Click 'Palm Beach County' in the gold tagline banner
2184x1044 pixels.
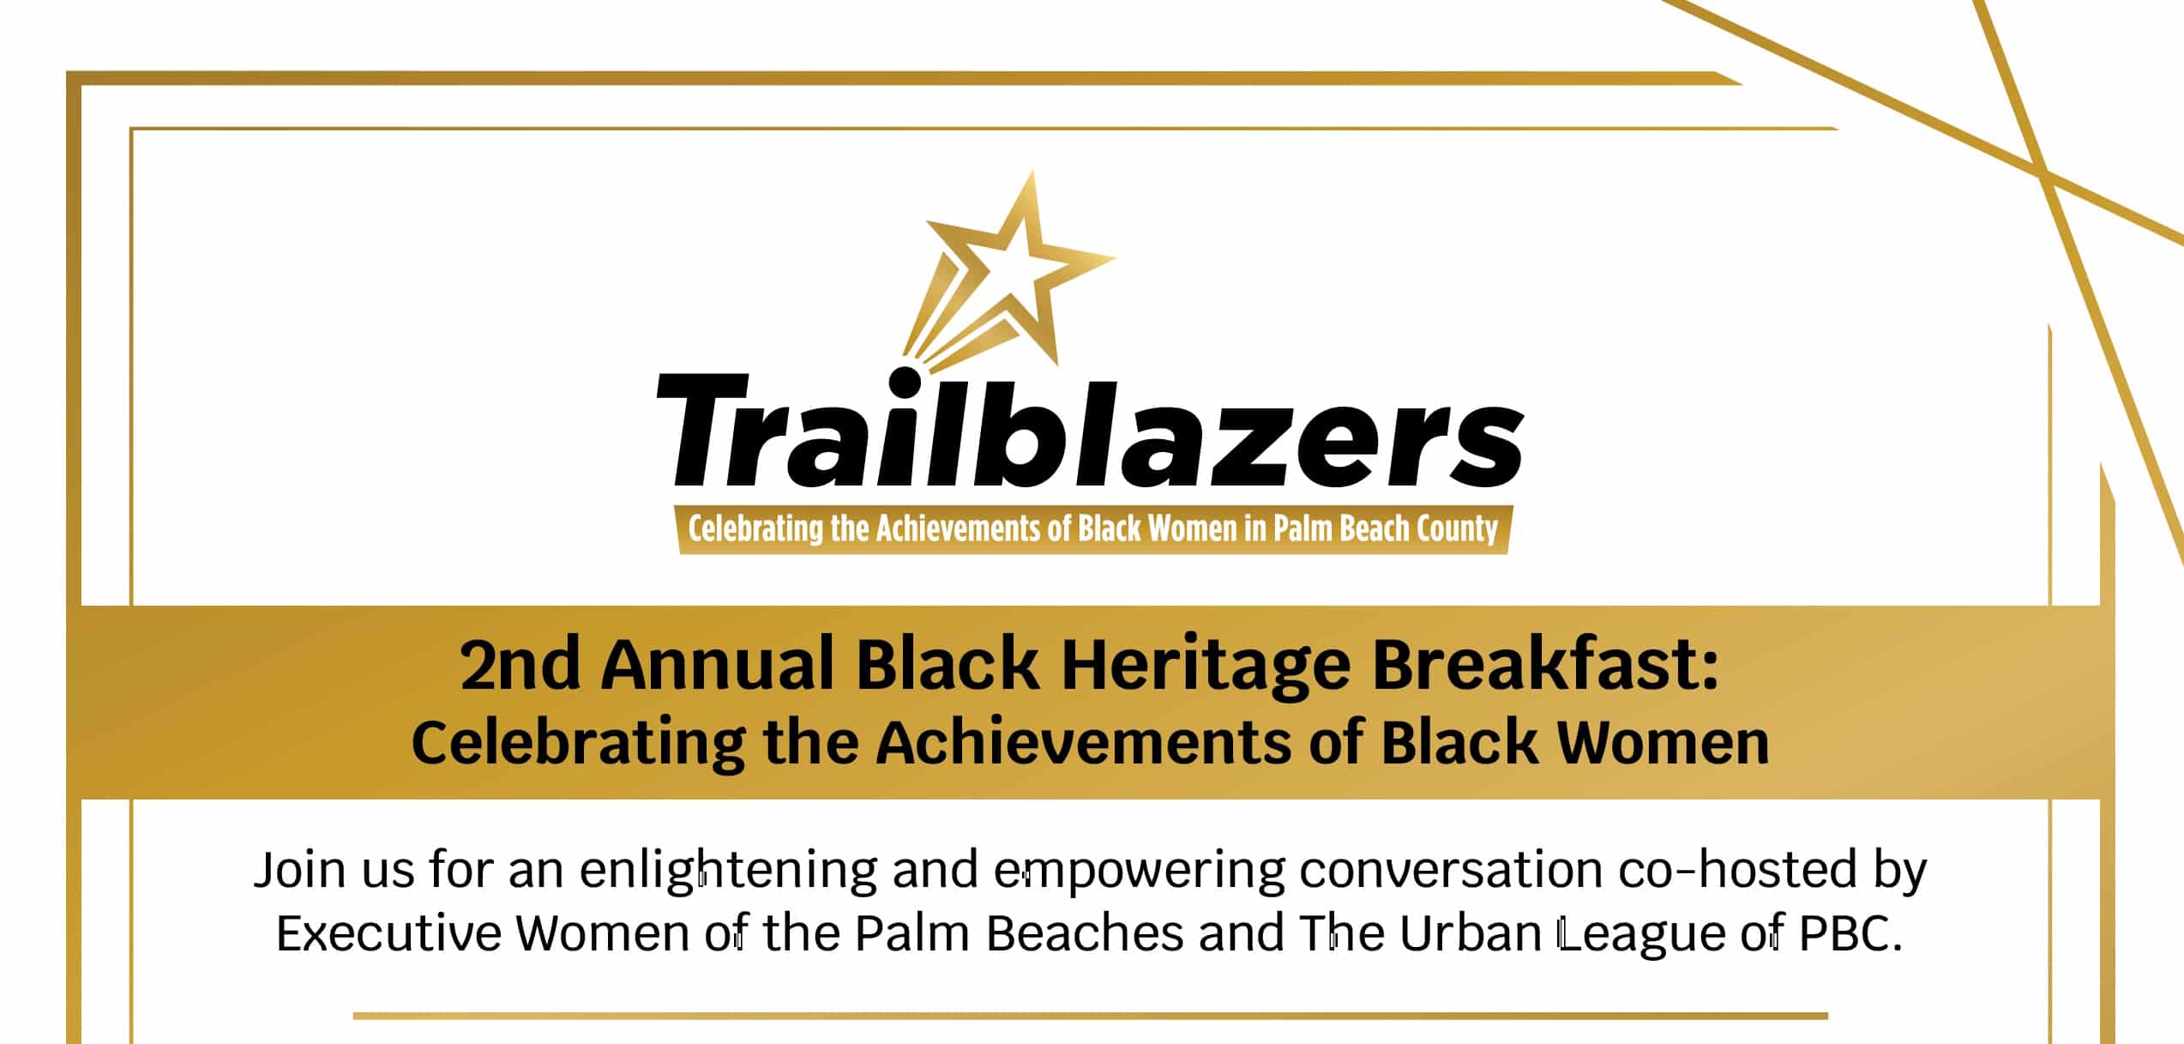click(x=1385, y=529)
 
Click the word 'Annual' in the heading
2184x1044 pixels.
click(x=718, y=664)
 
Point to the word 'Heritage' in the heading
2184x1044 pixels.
click(x=1206, y=667)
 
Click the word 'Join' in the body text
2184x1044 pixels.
click(x=300, y=870)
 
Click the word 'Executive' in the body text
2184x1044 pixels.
click(x=388, y=933)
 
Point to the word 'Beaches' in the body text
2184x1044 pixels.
click(x=1085, y=933)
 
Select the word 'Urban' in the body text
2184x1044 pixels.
click(x=1471, y=933)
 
